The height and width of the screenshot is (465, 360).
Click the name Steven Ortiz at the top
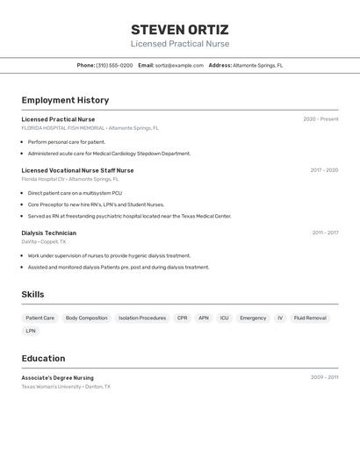click(x=179, y=29)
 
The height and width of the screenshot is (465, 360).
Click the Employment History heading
click(x=65, y=100)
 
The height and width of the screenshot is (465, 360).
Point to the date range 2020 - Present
click(x=320, y=119)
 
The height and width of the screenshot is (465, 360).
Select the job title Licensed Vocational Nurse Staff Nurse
click(x=77, y=170)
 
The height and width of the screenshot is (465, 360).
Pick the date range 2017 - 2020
click(x=324, y=170)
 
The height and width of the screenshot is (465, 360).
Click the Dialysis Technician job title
click(x=48, y=233)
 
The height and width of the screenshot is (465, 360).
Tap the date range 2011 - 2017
click(x=325, y=233)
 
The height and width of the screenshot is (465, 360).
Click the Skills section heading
click(x=32, y=295)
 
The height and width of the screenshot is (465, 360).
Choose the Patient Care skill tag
click(x=40, y=318)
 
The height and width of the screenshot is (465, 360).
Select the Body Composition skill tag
click(x=86, y=318)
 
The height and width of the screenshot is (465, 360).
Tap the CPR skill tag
click(x=182, y=318)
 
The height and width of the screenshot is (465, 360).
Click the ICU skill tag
click(x=224, y=318)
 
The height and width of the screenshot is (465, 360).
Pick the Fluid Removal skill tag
click(x=310, y=318)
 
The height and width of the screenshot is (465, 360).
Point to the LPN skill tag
click(x=31, y=331)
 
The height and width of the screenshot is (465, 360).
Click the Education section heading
click(x=43, y=358)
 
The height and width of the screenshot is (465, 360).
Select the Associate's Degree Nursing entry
click(x=57, y=378)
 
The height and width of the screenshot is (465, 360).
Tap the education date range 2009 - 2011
click(x=324, y=377)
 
